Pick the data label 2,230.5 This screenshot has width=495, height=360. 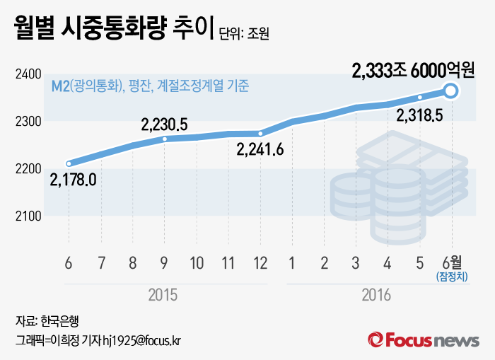164,124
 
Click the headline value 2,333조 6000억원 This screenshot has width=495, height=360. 413,70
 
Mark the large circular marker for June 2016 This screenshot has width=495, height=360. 451,91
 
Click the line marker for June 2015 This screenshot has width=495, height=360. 69,163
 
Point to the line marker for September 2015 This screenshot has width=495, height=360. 165,139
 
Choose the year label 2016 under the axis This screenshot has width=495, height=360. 376,295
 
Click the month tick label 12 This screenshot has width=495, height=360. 260,264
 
